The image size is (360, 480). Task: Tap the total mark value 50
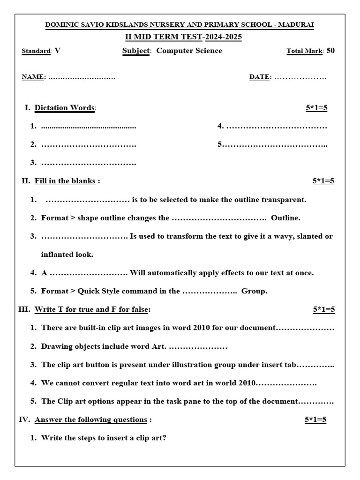[330, 51]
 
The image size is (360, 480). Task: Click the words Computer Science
[189, 51]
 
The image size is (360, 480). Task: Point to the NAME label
[32, 77]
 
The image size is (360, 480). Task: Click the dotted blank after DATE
[300, 77]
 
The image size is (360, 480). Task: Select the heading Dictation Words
[64, 108]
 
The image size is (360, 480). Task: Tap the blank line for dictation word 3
[89, 163]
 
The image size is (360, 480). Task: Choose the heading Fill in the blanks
[65, 181]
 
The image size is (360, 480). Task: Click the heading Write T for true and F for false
[92, 309]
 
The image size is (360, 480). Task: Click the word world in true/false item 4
[226, 383]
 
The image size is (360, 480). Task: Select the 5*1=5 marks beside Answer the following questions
[315, 420]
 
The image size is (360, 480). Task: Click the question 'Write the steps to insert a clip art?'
[104, 438]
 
